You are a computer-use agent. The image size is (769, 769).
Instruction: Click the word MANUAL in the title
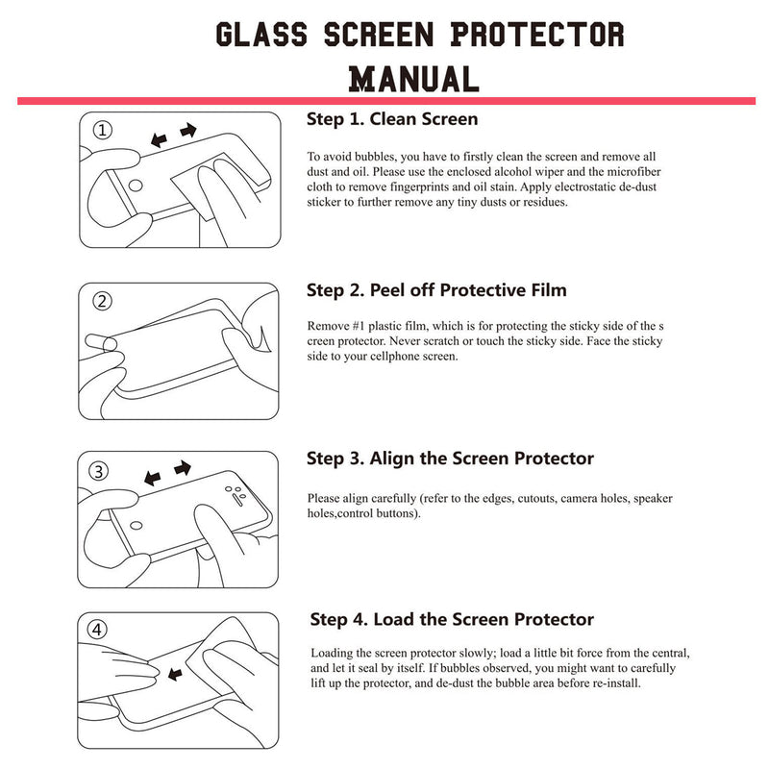[414, 78]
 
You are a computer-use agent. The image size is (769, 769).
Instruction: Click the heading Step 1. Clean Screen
[392, 120]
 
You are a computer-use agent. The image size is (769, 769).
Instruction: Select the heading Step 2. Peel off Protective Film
[436, 290]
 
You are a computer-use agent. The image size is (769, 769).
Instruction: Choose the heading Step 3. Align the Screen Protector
[450, 459]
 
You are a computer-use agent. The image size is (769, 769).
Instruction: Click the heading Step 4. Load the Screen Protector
[452, 619]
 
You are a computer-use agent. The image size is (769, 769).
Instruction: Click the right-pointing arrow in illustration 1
[188, 129]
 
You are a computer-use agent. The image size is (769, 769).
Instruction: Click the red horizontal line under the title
[384, 100]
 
